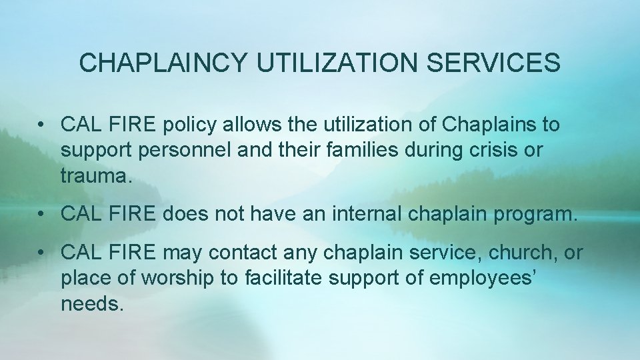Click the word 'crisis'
[x=493, y=150]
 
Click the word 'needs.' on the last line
[x=92, y=304]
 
